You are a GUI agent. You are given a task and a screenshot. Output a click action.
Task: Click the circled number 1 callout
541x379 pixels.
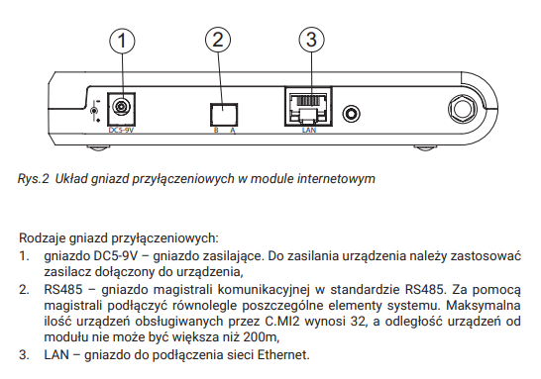tap(122, 41)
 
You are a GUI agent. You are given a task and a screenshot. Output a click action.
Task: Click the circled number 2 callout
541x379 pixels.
tap(218, 40)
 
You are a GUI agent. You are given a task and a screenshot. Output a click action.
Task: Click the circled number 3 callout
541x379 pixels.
tap(311, 40)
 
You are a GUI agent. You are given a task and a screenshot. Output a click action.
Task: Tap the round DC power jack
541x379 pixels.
tap(121, 107)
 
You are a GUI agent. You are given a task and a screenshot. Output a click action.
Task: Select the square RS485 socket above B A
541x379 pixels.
tap(224, 115)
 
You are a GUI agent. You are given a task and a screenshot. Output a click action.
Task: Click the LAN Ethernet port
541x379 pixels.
tap(308, 107)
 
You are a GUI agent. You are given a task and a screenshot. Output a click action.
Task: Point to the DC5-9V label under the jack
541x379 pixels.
tap(121, 131)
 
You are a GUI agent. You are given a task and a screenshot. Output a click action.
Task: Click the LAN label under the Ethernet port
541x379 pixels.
tap(309, 130)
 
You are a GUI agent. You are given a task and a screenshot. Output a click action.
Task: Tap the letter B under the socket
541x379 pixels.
tap(216, 131)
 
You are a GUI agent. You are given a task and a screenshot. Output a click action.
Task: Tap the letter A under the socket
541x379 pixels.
tap(233, 131)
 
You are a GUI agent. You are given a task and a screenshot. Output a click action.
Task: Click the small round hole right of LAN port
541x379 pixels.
tap(351, 114)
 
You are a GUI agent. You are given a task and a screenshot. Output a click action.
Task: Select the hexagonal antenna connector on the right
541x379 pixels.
tap(463, 109)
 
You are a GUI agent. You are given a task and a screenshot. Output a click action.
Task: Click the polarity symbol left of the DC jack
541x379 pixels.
tap(94, 111)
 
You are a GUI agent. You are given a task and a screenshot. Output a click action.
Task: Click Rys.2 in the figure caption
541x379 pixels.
tap(34, 179)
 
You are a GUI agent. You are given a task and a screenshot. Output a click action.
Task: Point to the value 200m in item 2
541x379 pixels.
tap(261, 336)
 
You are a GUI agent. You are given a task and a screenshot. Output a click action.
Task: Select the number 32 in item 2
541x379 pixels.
tap(358, 322)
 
